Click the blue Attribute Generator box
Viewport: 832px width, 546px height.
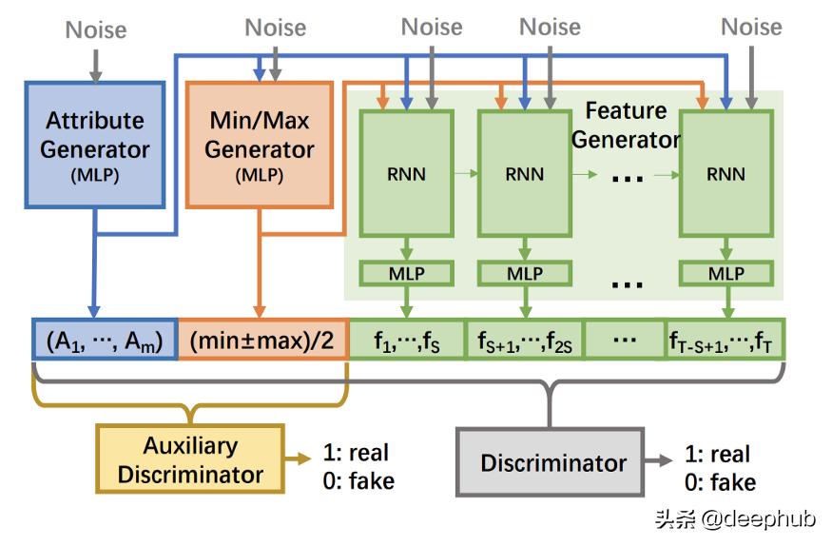[x=95, y=145]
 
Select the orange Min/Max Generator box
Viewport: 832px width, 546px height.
[x=259, y=145]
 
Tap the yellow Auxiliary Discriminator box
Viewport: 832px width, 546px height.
[x=189, y=460]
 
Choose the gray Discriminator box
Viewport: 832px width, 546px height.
[x=552, y=463]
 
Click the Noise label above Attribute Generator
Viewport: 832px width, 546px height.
[x=95, y=30]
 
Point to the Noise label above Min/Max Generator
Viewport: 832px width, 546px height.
[x=276, y=28]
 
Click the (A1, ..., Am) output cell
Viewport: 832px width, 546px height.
[x=105, y=340]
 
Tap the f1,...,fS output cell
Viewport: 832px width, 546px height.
[x=406, y=340]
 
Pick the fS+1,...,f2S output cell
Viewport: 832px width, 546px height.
[x=524, y=340]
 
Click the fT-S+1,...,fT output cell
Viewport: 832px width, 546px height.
[x=726, y=340]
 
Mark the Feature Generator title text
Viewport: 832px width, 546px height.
[x=625, y=125]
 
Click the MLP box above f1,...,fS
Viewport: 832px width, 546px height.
[x=406, y=273]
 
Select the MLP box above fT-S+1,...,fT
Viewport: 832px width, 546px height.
[x=726, y=273]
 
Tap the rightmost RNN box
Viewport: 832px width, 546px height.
[x=726, y=174]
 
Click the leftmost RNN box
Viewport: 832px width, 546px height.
[x=406, y=174]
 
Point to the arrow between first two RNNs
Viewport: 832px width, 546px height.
[x=465, y=174]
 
